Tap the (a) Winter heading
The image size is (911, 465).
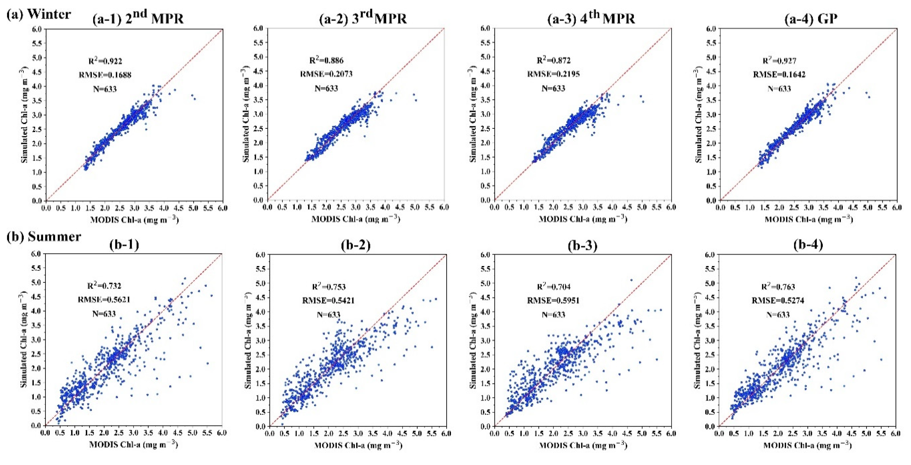pos(39,14)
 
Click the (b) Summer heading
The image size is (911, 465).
pos(44,237)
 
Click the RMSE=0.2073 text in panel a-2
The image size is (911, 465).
pos(326,74)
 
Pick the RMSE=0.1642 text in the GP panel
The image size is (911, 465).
pos(779,74)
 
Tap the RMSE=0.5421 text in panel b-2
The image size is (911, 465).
pos(328,301)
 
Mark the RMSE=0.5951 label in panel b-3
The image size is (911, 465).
pos(553,301)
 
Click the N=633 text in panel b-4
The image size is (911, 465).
pos(778,314)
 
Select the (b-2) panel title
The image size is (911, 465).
pos(356,245)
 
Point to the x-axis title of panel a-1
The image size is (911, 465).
pos(134,220)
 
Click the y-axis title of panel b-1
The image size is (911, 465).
pos(24,339)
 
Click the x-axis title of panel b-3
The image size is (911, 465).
pos(583,446)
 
